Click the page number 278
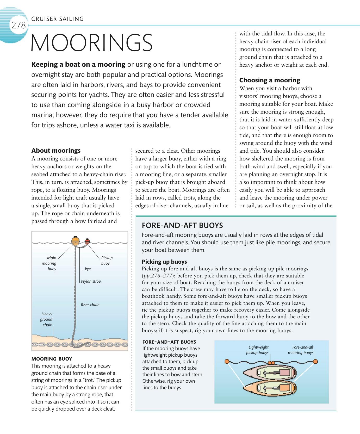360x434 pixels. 18,25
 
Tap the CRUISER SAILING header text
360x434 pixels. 57,19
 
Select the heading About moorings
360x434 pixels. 56,151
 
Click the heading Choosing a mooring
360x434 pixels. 270,80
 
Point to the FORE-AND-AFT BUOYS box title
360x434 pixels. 182,225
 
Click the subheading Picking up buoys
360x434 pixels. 164,262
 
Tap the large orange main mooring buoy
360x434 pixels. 75,240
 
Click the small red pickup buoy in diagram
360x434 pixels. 87,241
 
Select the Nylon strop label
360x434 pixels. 91,281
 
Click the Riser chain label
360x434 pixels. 90,305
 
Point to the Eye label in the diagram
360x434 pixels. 88,269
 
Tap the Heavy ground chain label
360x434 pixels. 47,319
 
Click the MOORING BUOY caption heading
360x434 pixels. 52,359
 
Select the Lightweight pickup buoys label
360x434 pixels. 258,350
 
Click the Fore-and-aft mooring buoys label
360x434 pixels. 301,350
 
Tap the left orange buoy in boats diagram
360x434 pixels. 227,361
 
